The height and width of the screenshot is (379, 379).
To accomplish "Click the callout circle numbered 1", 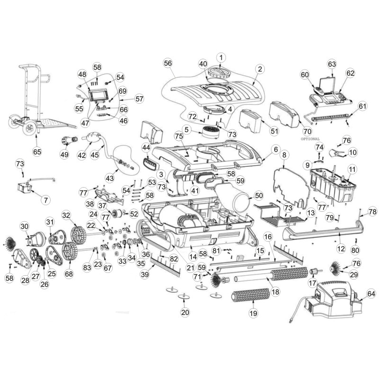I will pyautogui.click(x=221, y=57).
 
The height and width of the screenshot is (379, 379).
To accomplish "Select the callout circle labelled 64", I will pyautogui.click(x=371, y=294).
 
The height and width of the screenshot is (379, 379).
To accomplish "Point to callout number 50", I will pyautogui.click(x=258, y=195).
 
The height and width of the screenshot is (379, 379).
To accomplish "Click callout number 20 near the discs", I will pyautogui.click(x=185, y=312).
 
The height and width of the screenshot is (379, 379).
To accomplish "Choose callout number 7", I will pyautogui.click(x=45, y=200).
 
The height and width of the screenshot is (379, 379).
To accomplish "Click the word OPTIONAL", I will pyautogui.click(x=310, y=139).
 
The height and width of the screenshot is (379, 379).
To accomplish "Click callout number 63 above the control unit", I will pyautogui.click(x=332, y=63).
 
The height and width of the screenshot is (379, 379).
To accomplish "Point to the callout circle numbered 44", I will pyautogui.click(x=145, y=148).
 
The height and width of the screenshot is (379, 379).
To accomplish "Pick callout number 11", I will pyautogui.click(x=352, y=169).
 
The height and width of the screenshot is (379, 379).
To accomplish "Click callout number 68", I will pyautogui.click(x=70, y=274).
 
